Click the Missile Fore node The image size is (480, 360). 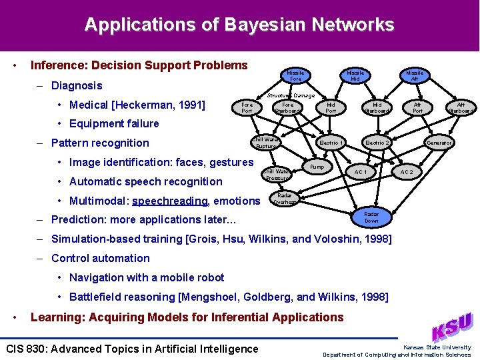(x=295, y=75)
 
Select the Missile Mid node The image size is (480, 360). (x=355, y=75)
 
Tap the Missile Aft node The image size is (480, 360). (x=415, y=75)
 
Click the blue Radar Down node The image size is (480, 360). (x=371, y=217)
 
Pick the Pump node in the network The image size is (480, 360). (x=317, y=166)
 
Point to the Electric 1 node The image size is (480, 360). (x=331, y=143)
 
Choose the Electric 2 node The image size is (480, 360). (x=377, y=143)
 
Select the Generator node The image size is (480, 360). (x=439, y=143)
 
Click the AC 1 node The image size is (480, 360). (x=361, y=172)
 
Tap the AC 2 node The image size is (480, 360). (x=406, y=172)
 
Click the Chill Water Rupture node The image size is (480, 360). (x=265, y=143)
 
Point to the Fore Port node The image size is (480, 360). (x=247, y=107)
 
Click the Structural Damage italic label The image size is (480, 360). (x=291, y=95)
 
